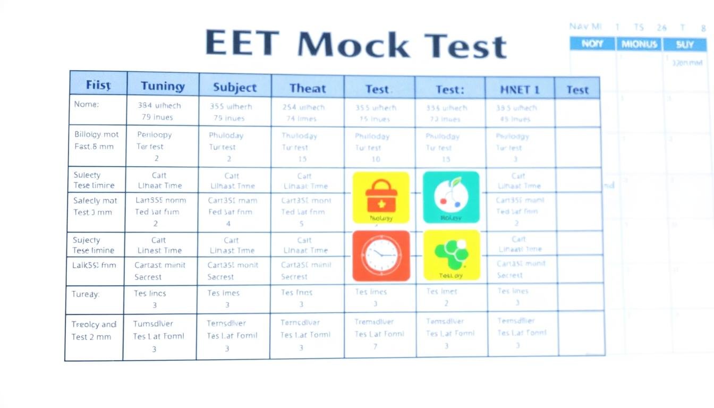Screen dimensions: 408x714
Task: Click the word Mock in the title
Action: point(353,45)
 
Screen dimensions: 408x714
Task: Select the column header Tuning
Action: point(163,87)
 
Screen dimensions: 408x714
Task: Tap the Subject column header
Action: point(235,88)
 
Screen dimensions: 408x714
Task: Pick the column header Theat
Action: point(308,88)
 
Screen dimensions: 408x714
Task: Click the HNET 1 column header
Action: point(520,90)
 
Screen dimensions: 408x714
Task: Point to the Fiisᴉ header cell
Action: point(98,85)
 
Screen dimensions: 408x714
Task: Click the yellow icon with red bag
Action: point(381,198)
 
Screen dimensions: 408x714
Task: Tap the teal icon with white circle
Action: point(451,197)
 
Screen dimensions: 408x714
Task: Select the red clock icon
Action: point(381,256)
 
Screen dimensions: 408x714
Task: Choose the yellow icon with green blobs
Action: point(452,255)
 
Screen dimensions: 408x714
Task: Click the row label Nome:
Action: point(86,105)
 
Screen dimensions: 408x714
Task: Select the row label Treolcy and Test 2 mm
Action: point(93,330)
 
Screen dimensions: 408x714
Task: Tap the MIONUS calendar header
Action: point(639,44)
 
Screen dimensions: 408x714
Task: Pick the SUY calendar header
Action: point(685,45)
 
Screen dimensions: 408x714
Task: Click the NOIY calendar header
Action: point(592,44)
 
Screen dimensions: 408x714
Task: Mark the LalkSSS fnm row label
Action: point(94,265)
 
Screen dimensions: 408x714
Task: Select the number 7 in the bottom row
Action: point(375,346)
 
